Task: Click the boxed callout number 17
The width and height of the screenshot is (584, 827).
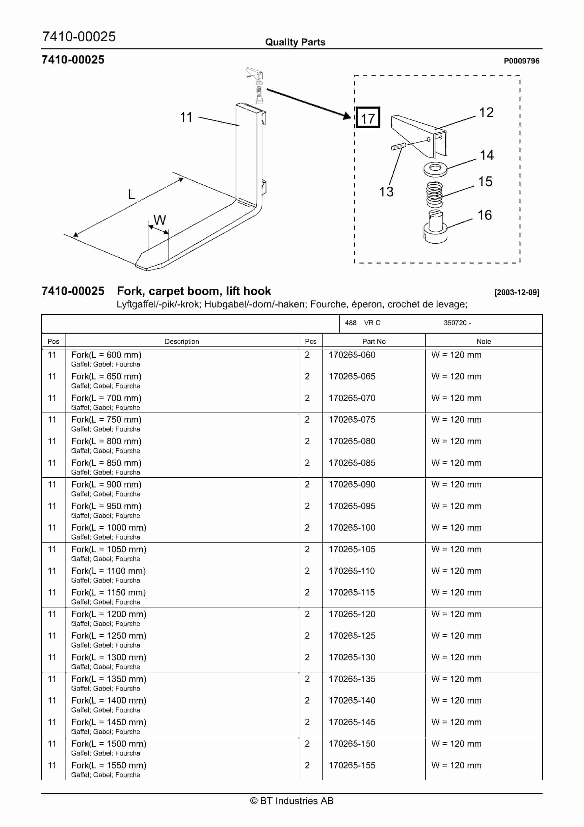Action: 368,118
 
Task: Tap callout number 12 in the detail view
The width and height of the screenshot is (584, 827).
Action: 486,112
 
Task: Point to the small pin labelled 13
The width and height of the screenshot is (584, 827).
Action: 398,146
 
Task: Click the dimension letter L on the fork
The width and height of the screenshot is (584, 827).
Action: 132,194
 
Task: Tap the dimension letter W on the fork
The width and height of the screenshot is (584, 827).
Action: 159,220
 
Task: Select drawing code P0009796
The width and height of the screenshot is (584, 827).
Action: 521,61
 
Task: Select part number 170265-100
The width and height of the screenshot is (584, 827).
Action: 352,528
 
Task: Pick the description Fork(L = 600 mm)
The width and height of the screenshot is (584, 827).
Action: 106,355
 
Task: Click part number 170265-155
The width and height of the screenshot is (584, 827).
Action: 352,765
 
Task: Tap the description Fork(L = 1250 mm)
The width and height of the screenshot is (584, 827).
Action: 109,636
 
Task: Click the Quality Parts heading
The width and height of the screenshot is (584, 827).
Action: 295,42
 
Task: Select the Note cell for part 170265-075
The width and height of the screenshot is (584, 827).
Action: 456,420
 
